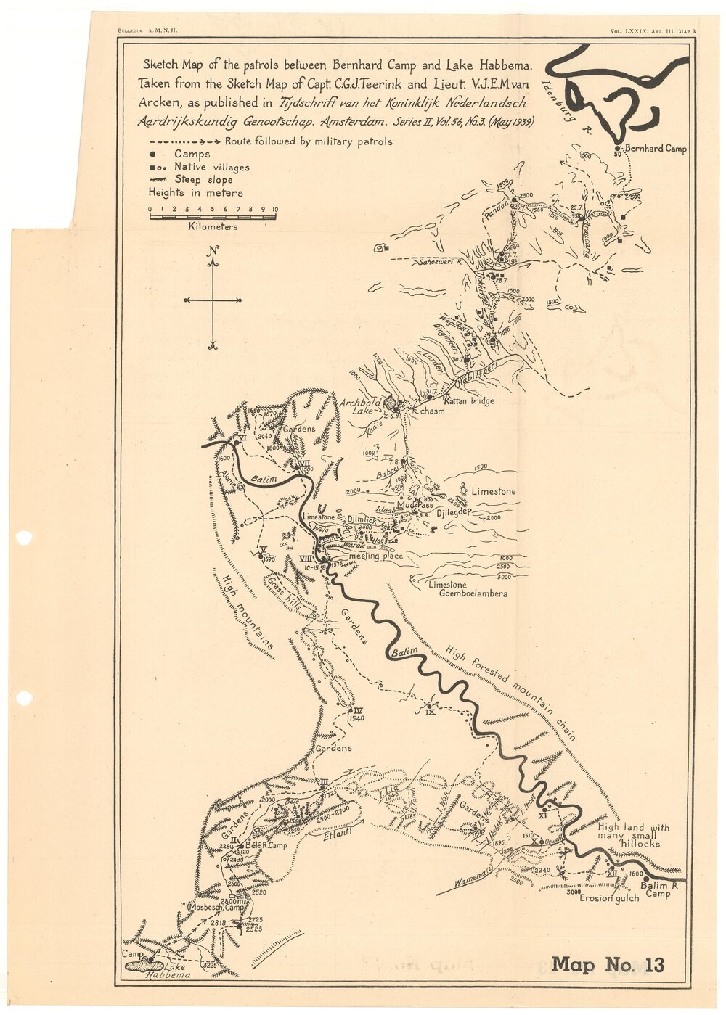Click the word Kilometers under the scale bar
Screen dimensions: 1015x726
click(212, 226)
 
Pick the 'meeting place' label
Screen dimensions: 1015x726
click(375, 556)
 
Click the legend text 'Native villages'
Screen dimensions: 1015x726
click(211, 167)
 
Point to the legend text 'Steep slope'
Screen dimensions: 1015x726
click(203, 180)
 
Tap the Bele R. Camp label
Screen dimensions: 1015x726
click(266, 846)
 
